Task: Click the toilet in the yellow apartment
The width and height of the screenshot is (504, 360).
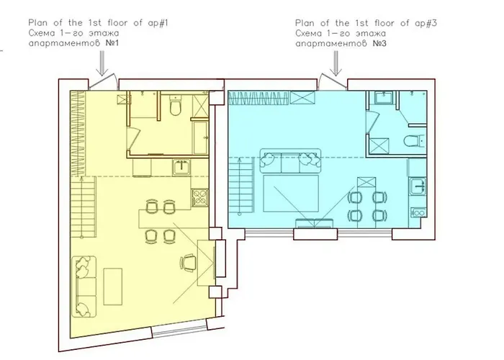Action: tap(174, 107)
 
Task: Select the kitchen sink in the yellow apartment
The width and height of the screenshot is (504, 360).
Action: tap(181, 168)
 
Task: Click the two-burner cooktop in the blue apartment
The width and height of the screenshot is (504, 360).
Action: tap(418, 212)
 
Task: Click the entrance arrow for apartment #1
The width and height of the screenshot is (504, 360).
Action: tap(102, 65)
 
